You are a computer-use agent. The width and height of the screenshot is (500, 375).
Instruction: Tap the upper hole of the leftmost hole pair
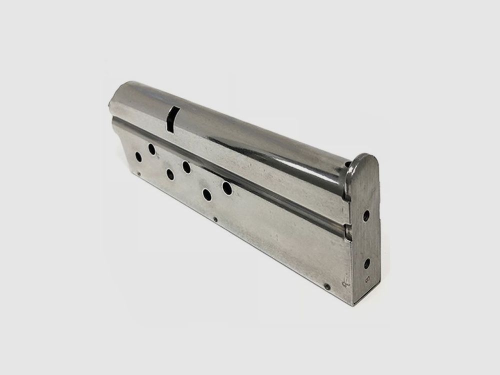(x=151, y=148)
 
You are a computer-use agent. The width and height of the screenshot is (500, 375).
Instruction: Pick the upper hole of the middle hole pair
(x=186, y=167)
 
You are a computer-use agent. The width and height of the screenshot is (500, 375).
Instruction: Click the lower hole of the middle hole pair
(x=169, y=174)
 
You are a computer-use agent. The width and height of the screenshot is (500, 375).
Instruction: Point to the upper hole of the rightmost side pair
(x=226, y=188)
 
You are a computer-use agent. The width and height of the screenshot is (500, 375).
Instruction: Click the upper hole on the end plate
(x=366, y=216)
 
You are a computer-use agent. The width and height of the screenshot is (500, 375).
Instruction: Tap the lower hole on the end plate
(x=367, y=263)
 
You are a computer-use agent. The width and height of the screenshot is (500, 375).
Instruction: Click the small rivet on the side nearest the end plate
(x=327, y=287)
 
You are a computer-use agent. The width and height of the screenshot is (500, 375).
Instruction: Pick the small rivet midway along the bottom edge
(x=215, y=219)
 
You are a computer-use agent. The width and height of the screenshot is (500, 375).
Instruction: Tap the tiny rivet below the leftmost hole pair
(x=138, y=174)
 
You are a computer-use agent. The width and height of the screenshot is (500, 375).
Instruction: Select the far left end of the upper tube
(x=111, y=105)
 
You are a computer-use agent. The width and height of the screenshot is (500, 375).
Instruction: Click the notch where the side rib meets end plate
(x=347, y=229)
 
